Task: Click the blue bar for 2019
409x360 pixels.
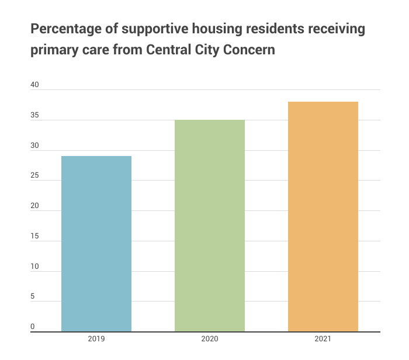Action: click(96, 244)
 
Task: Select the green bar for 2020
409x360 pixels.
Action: click(210, 226)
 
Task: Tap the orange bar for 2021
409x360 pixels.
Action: click(323, 216)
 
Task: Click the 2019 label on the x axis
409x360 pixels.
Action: click(96, 339)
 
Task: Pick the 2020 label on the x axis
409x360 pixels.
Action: click(210, 339)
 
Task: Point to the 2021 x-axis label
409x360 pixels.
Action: click(323, 339)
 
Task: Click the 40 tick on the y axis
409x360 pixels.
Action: click(34, 85)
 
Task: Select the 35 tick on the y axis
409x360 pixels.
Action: click(34, 115)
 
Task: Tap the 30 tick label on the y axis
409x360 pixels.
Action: click(34, 146)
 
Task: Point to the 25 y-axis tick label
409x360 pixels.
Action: click(34, 176)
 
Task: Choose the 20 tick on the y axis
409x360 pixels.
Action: click(34, 206)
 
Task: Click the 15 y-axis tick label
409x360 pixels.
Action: click(34, 236)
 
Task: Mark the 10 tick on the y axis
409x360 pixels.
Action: click(34, 266)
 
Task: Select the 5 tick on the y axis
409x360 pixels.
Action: click(33, 297)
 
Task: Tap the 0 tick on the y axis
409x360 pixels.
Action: click(33, 327)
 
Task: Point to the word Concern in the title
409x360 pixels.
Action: click(246, 50)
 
